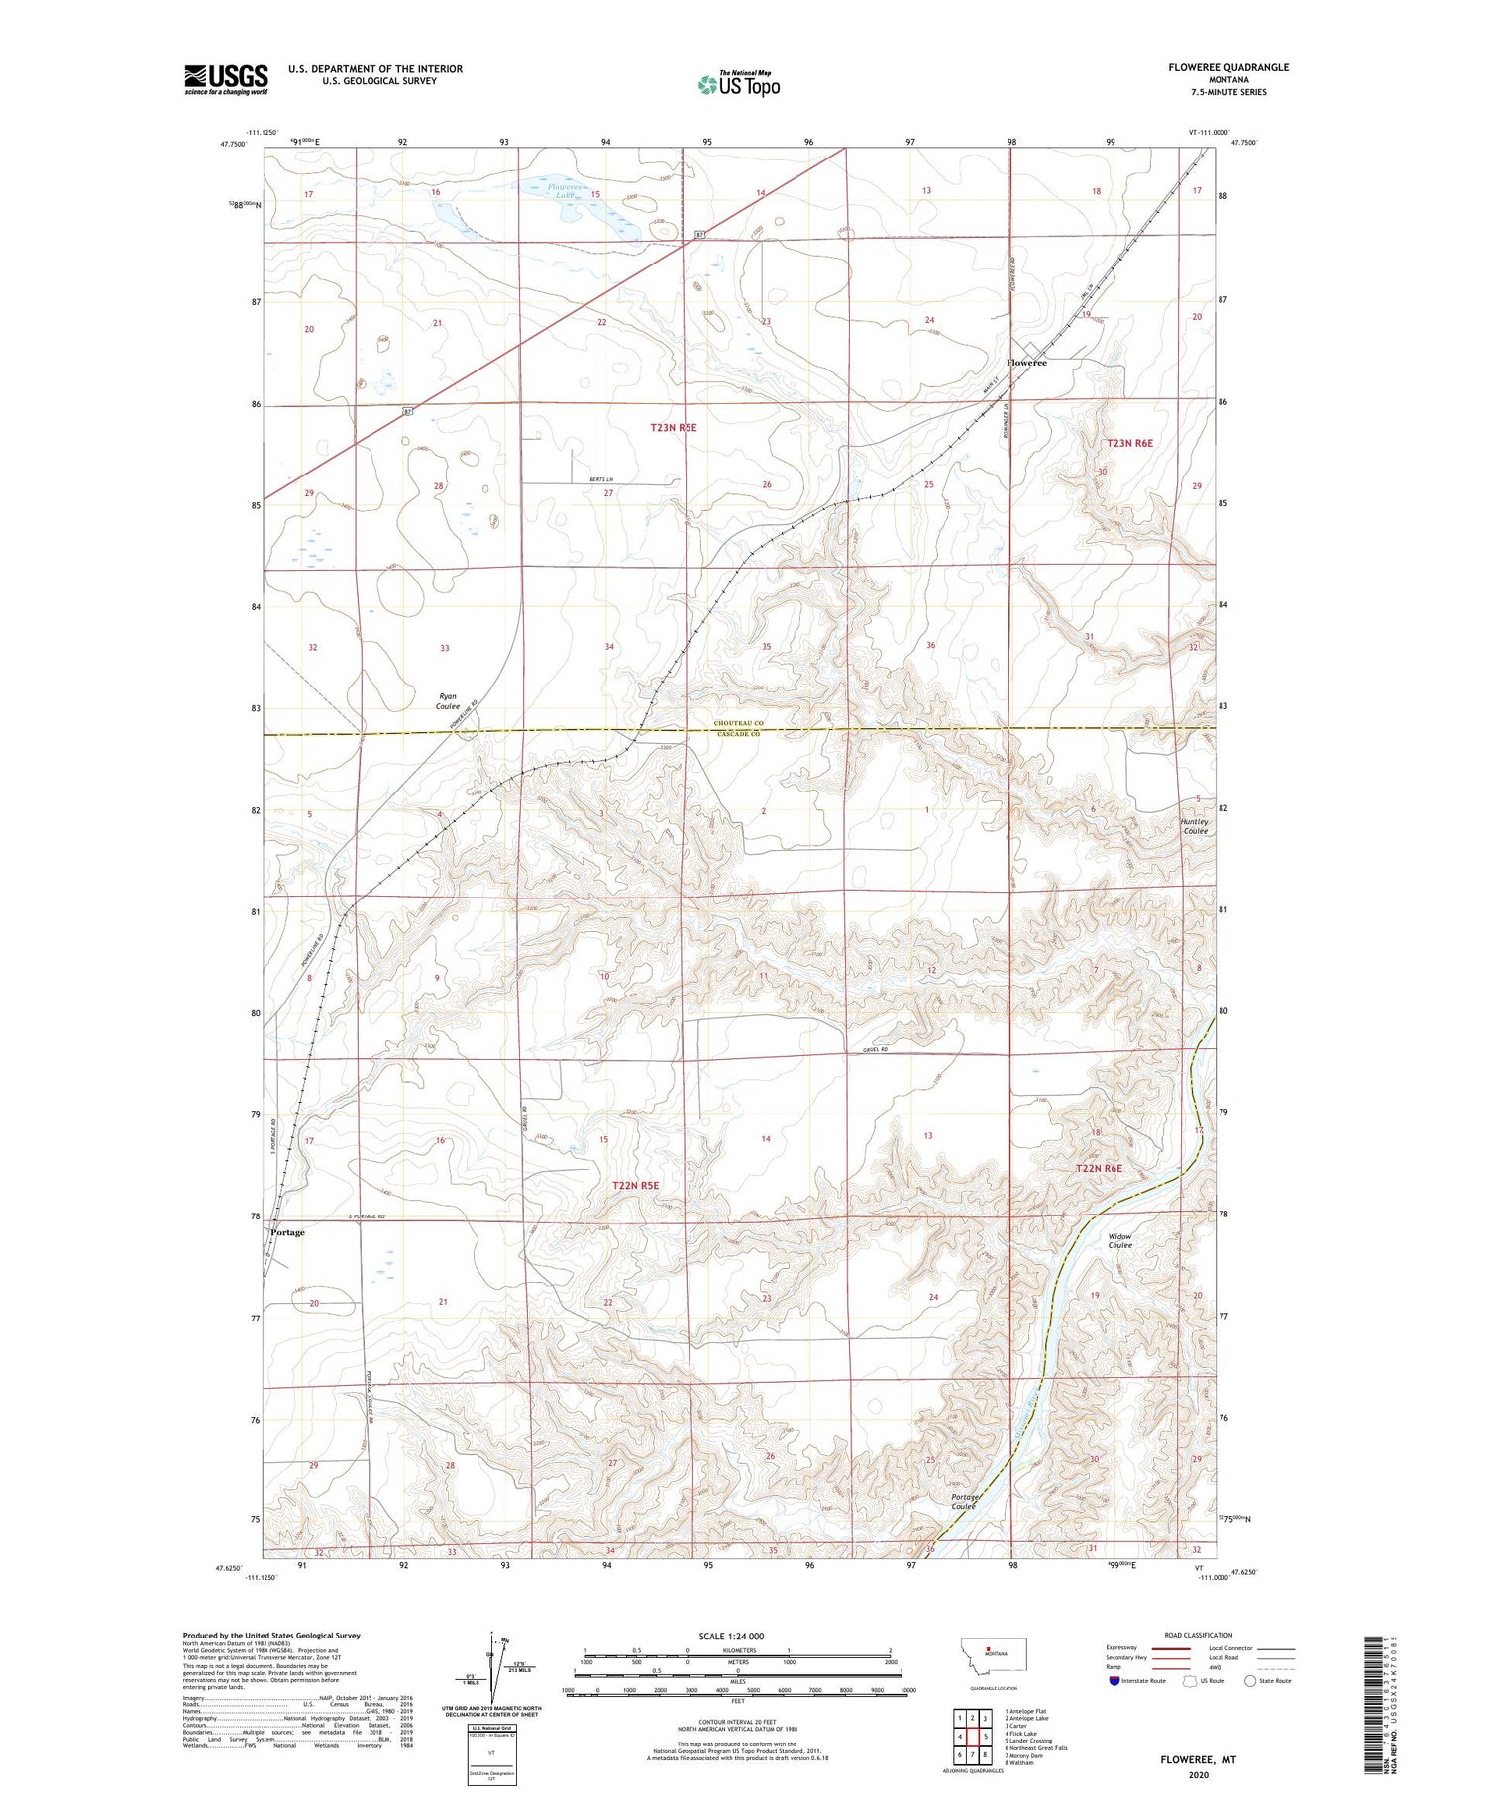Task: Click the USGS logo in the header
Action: click(x=226, y=79)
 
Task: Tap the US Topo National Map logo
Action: click(x=738, y=85)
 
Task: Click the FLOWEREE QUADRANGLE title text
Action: click(x=1228, y=67)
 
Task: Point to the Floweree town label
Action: click(x=1026, y=363)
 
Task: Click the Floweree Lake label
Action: click(x=567, y=190)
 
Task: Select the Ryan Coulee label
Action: click(x=449, y=701)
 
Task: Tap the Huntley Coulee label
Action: click(x=1195, y=826)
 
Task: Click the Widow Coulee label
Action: click(x=1119, y=1240)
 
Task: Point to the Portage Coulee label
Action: click(x=964, y=1501)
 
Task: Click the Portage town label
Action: click(x=288, y=1232)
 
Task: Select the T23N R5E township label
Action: click(x=674, y=427)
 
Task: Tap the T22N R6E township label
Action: click(x=1100, y=1168)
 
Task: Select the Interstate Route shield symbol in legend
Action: click(x=1114, y=1680)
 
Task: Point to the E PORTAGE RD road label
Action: click(x=366, y=1216)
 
